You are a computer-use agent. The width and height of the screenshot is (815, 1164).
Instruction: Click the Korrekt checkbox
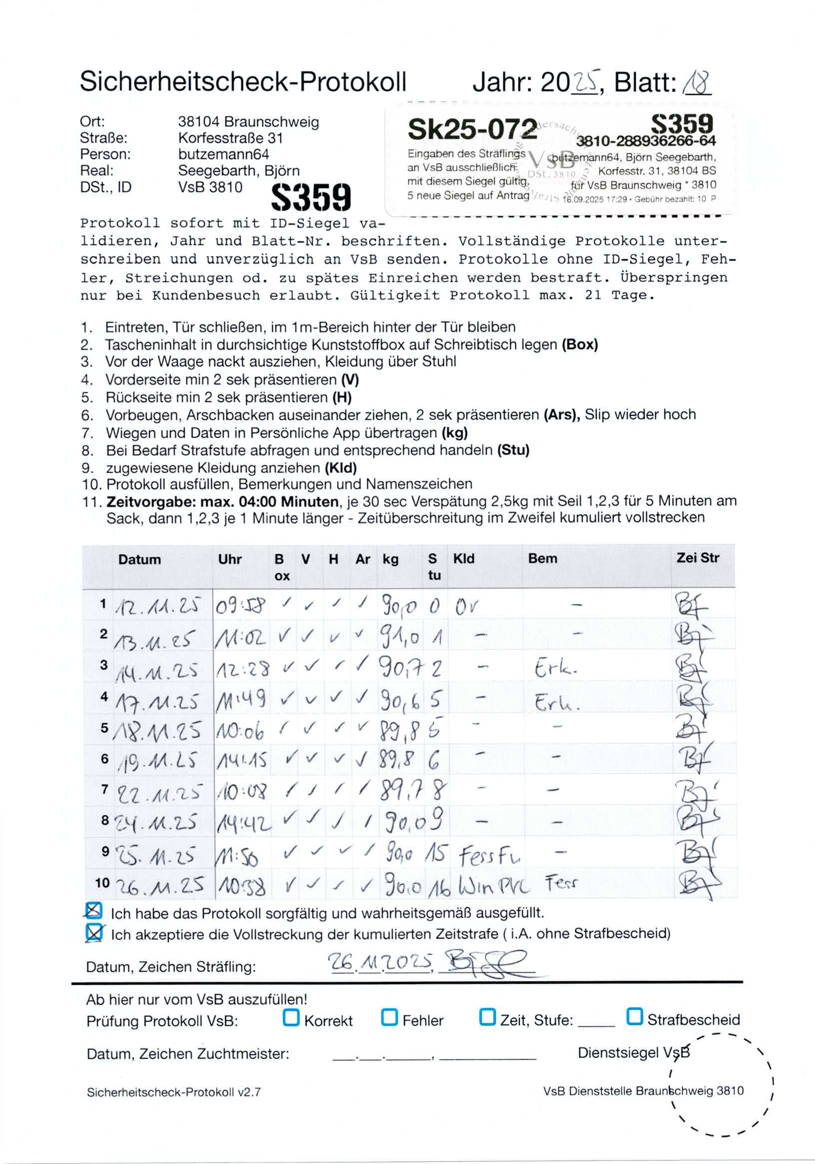point(291,1017)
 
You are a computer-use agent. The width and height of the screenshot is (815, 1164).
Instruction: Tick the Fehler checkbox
point(389,1017)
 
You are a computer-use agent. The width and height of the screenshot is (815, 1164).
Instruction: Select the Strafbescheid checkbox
point(634,1016)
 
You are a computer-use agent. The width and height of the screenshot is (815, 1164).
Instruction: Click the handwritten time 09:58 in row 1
point(240,606)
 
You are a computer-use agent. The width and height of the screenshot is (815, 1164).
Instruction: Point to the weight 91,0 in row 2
point(400,637)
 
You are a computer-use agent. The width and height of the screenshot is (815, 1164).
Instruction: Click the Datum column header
point(139,559)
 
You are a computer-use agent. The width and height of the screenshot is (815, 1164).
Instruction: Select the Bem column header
point(542,559)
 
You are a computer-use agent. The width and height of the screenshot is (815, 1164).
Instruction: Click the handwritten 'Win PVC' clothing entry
point(493,885)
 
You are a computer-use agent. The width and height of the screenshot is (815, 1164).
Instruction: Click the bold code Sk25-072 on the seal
point(471,129)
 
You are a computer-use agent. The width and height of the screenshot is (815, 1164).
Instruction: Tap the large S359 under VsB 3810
point(311,197)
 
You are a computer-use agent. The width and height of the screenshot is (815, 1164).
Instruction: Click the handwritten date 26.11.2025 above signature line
point(381,961)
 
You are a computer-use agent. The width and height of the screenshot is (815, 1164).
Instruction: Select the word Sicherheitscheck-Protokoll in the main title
point(243,82)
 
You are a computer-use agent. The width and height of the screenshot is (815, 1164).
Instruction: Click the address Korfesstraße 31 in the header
point(230,138)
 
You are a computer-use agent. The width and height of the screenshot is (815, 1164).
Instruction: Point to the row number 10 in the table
point(102,882)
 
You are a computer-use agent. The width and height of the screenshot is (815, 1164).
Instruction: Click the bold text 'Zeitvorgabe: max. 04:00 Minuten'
point(222,502)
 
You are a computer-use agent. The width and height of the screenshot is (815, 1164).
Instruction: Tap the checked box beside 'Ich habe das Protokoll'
point(93,911)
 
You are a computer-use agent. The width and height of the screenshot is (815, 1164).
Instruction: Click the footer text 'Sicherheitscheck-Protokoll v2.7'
point(173,1092)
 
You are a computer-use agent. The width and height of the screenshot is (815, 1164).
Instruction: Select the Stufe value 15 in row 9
point(434,854)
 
